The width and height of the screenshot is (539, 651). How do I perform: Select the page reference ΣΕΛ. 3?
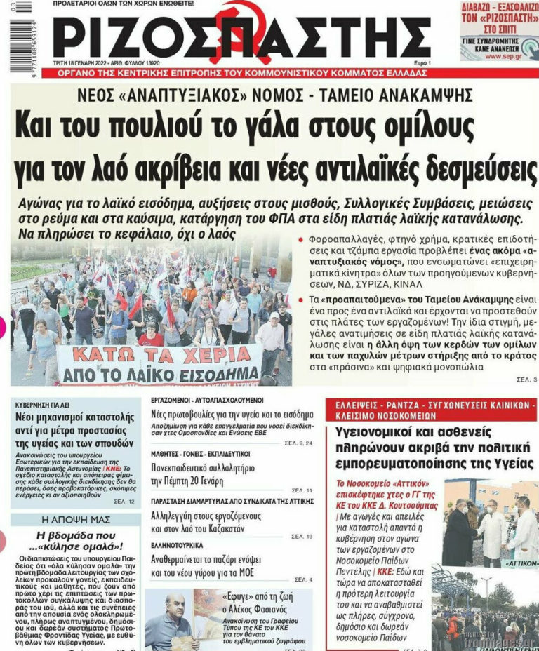click(x=523, y=380)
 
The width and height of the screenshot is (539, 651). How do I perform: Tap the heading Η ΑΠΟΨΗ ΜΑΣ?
click(x=75, y=520)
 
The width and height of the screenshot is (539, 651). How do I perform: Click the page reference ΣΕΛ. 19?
click(x=302, y=537)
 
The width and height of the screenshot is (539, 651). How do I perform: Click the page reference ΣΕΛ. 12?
click(x=126, y=501)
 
